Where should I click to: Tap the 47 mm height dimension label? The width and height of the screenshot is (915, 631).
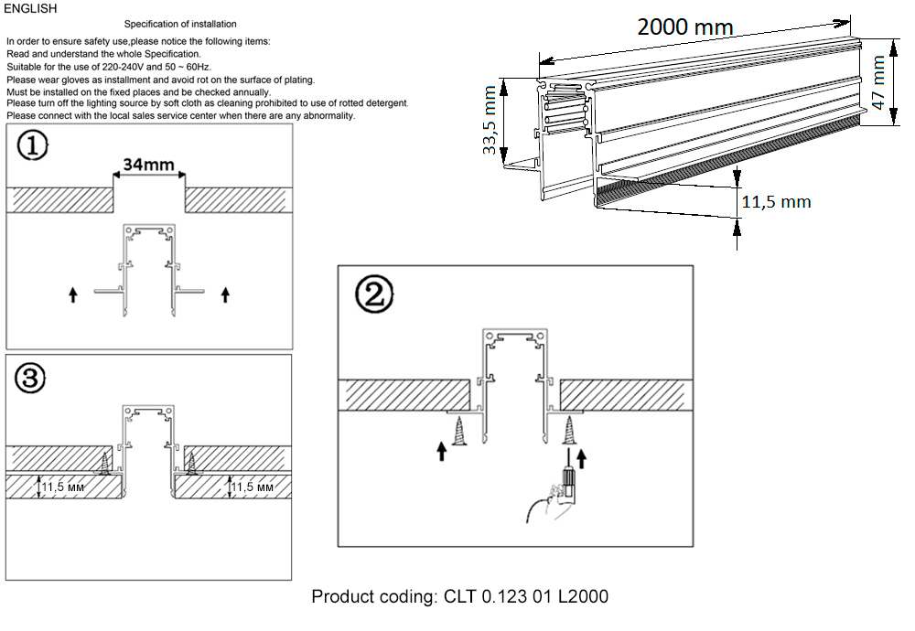(x=879, y=82)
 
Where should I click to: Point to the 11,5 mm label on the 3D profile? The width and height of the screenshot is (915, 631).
(x=775, y=201)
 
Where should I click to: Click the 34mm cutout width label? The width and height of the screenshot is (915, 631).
(x=149, y=166)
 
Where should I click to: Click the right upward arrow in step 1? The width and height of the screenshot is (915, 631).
(x=226, y=294)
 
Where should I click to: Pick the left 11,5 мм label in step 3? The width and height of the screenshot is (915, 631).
(x=66, y=487)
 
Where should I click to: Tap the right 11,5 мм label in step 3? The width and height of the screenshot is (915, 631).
(x=253, y=487)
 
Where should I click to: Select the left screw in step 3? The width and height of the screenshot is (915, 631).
(x=106, y=464)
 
